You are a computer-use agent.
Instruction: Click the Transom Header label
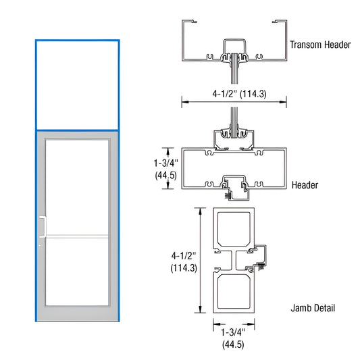click(x=320, y=45)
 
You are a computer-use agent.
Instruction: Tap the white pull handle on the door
click(x=43, y=226)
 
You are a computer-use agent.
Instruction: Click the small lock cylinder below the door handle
click(x=41, y=245)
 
